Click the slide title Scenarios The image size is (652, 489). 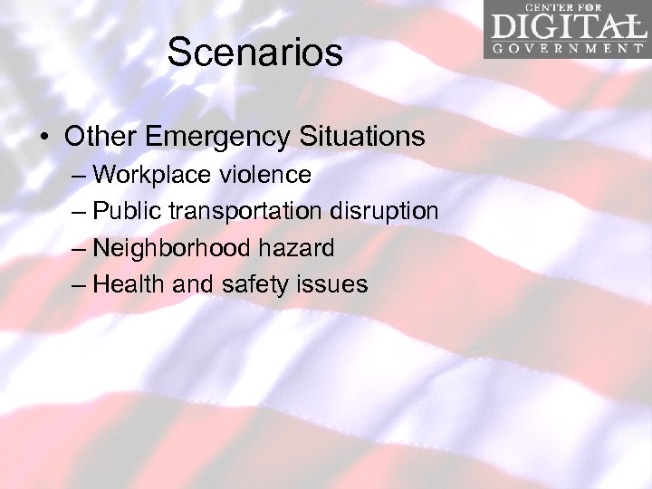pyautogui.click(x=254, y=53)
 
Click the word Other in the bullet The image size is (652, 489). pyautogui.click(x=100, y=137)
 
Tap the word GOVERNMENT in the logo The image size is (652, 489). pyautogui.click(x=569, y=48)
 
